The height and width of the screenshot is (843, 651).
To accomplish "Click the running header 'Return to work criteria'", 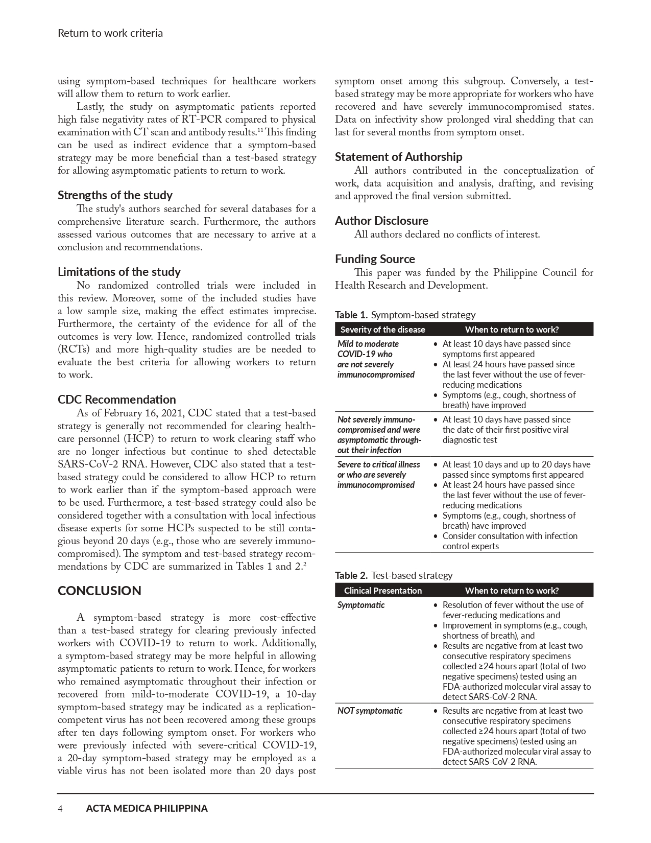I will [x=110, y=34].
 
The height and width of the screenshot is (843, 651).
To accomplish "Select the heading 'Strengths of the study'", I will [x=115, y=195].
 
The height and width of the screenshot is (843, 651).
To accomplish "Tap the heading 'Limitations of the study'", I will [x=119, y=272].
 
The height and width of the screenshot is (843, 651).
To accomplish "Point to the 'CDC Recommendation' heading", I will [x=116, y=400].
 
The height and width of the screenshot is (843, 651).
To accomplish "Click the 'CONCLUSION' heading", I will [x=100, y=591].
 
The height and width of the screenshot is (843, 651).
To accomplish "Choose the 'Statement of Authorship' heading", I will [x=398, y=157].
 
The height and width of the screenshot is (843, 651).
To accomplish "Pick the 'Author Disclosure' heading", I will [x=381, y=221].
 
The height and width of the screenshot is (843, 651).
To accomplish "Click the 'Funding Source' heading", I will [x=375, y=259].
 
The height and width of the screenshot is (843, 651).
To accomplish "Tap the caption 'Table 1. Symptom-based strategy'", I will [x=405, y=315].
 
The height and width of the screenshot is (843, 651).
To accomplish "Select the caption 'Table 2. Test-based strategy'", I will [x=394, y=575].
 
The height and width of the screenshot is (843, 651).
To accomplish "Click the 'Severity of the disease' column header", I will [x=382, y=330].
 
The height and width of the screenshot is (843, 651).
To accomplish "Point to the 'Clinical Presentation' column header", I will [x=382, y=591].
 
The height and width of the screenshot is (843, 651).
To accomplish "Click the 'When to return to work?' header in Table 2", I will [x=512, y=591].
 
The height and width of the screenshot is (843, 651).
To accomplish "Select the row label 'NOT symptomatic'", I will [x=370, y=711].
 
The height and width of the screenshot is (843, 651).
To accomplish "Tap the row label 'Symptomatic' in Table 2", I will [x=361, y=605].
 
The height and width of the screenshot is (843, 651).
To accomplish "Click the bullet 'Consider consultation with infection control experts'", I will [x=510, y=541].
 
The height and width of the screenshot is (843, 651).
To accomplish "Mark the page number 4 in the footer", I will [x=60, y=809].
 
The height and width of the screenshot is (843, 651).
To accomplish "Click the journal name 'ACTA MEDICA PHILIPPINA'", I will [x=147, y=809].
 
